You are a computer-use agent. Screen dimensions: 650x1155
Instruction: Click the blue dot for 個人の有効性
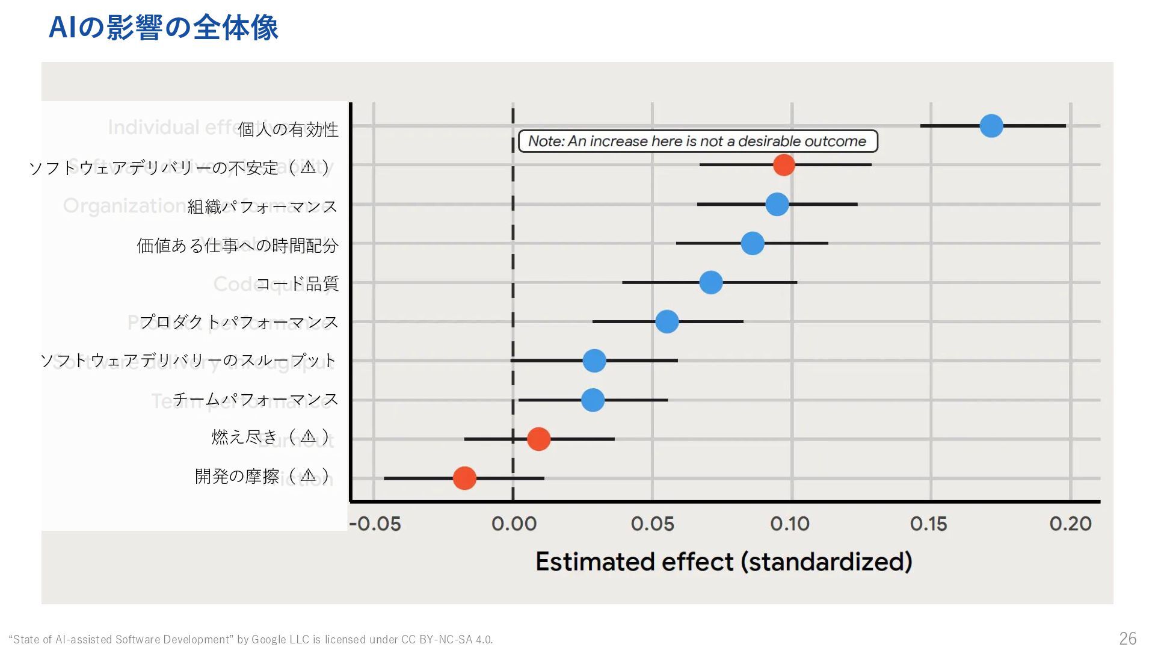tap(991, 126)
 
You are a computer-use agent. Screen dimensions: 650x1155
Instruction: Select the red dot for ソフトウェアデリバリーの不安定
tap(783, 164)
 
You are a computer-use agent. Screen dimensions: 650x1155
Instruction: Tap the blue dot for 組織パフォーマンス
tap(777, 204)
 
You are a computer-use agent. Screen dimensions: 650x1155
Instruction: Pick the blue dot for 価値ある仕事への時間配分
tap(753, 243)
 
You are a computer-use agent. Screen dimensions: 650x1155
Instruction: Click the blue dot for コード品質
tap(711, 282)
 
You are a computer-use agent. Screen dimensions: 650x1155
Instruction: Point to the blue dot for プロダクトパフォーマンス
tap(667, 321)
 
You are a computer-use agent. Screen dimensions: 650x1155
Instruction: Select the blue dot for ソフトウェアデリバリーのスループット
tap(594, 361)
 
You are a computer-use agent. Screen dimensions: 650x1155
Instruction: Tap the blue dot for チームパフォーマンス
tap(593, 400)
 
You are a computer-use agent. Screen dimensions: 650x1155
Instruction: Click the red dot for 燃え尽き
tap(538, 439)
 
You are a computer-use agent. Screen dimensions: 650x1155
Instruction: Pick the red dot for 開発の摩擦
tap(464, 478)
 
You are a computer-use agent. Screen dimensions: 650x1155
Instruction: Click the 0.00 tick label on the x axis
tap(514, 524)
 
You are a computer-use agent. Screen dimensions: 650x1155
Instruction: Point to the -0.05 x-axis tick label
tap(375, 524)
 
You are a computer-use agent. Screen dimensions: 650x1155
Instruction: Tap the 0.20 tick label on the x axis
tap(1070, 524)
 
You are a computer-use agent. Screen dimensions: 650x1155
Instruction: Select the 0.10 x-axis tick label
tap(790, 524)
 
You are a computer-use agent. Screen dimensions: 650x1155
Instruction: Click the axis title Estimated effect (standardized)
tap(724, 562)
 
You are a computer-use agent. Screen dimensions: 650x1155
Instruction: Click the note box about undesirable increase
tap(698, 141)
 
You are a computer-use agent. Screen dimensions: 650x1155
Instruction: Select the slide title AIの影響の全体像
tap(163, 28)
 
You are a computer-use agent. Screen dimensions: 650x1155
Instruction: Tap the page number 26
tap(1127, 638)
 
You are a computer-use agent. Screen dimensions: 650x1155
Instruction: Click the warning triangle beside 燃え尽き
tap(308, 436)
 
